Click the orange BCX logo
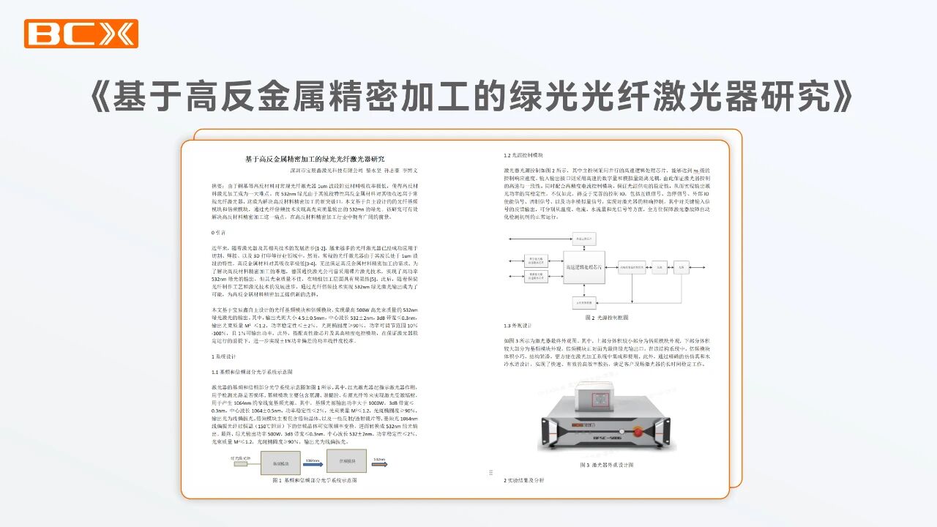click(81, 34)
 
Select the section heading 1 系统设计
click(224, 356)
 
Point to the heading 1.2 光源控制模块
click(523, 155)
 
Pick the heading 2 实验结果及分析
click(524, 480)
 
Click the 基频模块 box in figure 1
click(282, 463)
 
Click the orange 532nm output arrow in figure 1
click(380, 462)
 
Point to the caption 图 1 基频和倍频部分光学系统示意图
click(314, 480)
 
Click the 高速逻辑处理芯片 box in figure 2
click(583, 268)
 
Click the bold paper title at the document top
click(314, 159)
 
